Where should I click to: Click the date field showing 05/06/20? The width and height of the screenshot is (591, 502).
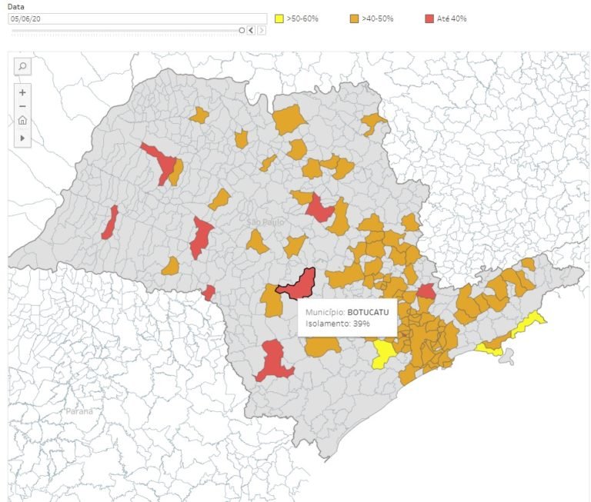(123, 18)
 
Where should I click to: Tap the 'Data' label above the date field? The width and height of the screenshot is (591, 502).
(15, 6)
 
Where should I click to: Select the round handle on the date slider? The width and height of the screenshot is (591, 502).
(242, 30)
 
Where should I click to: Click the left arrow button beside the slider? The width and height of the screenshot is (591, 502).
(251, 30)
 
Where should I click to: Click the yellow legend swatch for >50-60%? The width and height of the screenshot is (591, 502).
(280, 18)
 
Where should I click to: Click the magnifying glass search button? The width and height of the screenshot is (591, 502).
(22, 67)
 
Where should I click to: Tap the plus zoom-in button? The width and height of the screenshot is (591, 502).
(22, 92)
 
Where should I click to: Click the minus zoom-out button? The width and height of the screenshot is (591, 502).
(22, 106)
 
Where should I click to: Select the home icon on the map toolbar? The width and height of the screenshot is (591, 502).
(22, 121)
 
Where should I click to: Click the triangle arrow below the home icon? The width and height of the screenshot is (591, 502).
(22, 138)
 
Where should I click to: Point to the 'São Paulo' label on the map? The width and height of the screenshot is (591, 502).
(265, 221)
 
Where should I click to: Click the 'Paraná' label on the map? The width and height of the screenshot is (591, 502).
(78, 411)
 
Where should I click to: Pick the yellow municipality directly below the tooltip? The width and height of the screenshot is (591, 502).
(383, 354)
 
